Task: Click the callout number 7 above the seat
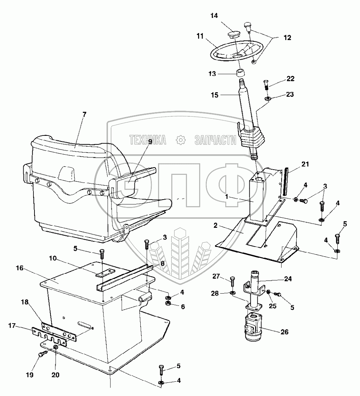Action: click(84, 114)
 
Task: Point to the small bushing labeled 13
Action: click(240, 73)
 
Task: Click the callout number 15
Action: click(214, 95)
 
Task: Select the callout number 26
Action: click(284, 332)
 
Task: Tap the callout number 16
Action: click(19, 268)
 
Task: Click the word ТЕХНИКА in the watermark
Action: click(148, 140)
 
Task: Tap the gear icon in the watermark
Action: click(180, 140)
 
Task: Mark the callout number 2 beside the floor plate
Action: click(216, 226)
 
